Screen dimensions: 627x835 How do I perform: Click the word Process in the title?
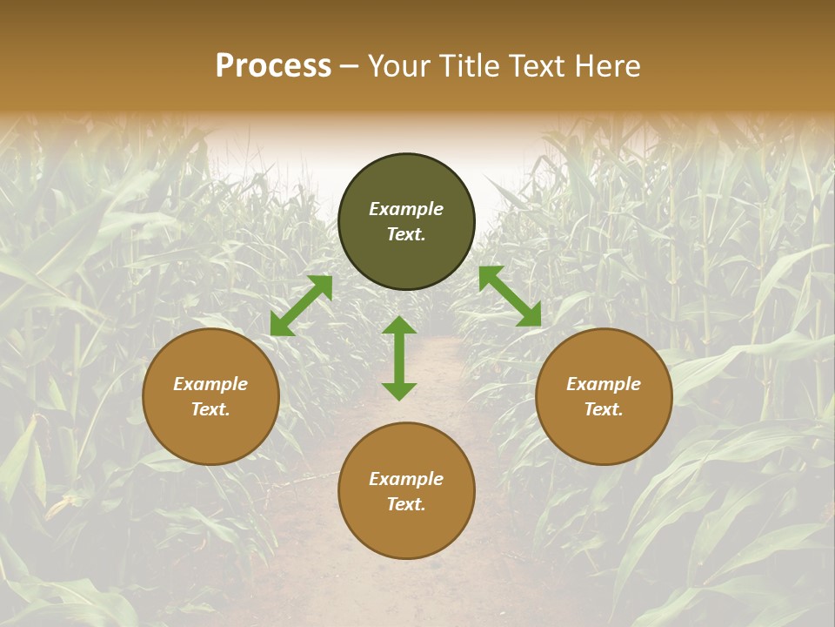coord(273,66)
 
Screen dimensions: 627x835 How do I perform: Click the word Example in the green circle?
coord(406,209)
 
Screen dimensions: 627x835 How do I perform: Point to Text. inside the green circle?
coord(406,234)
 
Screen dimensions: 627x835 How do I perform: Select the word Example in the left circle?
coord(210,384)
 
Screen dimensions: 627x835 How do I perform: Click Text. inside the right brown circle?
coord(604,409)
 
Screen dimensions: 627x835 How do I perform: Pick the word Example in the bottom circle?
coord(406,479)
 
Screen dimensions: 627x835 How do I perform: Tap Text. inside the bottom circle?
coord(406,504)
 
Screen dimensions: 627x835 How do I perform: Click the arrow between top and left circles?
coord(302,306)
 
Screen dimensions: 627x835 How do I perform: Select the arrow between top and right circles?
coord(510,296)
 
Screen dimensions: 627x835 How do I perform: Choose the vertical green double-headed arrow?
coord(399,358)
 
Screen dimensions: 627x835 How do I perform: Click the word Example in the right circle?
coord(604,384)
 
